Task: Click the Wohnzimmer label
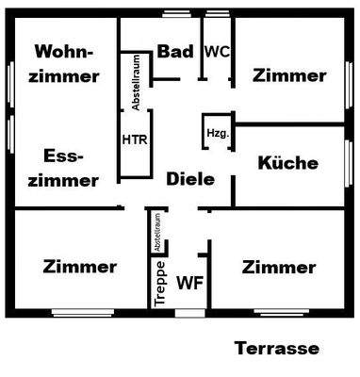click(x=64, y=63)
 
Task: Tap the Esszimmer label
click(x=64, y=168)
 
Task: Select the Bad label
click(x=175, y=52)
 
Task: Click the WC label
click(x=216, y=52)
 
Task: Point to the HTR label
click(x=134, y=139)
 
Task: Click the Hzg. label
click(x=217, y=134)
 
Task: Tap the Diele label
click(x=189, y=179)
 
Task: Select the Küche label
click(x=287, y=163)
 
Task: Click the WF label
click(x=191, y=281)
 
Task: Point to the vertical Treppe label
click(x=159, y=280)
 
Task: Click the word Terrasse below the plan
click(x=276, y=348)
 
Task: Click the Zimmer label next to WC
click(x=289, y=76)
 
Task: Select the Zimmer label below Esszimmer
click(x=80, y=267)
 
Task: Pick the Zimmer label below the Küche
click(x=278, y=268)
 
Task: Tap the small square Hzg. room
click(x=217, y=132)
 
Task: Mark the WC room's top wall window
click(x=216, y=14)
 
